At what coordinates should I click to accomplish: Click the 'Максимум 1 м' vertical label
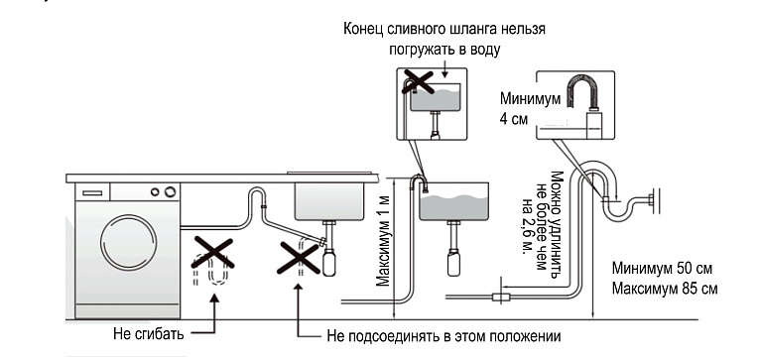383,238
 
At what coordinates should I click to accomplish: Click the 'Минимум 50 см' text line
661,270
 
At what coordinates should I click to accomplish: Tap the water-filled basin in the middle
454,203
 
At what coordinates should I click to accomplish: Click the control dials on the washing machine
163,191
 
